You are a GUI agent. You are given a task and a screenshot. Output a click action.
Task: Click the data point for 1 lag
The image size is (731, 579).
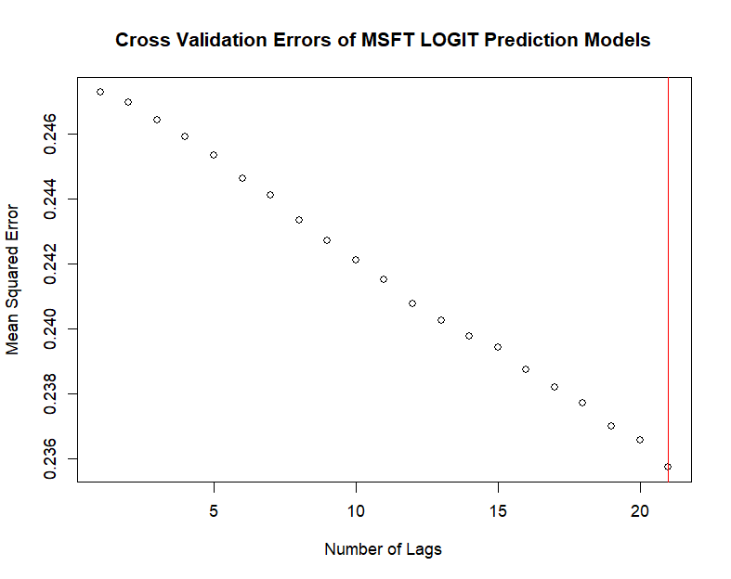point(100,92)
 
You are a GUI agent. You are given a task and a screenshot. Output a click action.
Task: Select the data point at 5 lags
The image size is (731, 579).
point(214,155)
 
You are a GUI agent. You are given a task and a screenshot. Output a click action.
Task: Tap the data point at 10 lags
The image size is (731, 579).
point(356,260)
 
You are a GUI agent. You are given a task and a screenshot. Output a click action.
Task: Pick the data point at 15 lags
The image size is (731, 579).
point(498,347)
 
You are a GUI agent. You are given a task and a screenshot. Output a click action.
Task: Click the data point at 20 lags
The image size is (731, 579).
point(640,440)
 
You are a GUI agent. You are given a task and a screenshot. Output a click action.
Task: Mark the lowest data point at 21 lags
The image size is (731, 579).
point(668,467)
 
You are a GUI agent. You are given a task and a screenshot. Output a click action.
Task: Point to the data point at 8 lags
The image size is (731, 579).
point(299,220)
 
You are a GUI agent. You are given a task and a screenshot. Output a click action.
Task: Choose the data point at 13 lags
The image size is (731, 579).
point(441,320)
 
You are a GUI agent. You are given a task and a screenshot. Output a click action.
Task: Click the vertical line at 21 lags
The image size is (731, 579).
point(668,278)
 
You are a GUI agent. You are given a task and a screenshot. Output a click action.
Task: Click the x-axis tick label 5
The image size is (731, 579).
point(214,511)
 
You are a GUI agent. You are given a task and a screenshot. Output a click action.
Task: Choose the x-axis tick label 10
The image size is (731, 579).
point(356,511)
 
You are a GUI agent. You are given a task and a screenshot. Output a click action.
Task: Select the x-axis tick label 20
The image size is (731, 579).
point(640,511)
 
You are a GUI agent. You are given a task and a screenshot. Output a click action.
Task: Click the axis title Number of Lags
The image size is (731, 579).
point(383,549)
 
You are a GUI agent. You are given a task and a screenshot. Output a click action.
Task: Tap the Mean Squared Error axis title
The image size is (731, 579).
point(13,279)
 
